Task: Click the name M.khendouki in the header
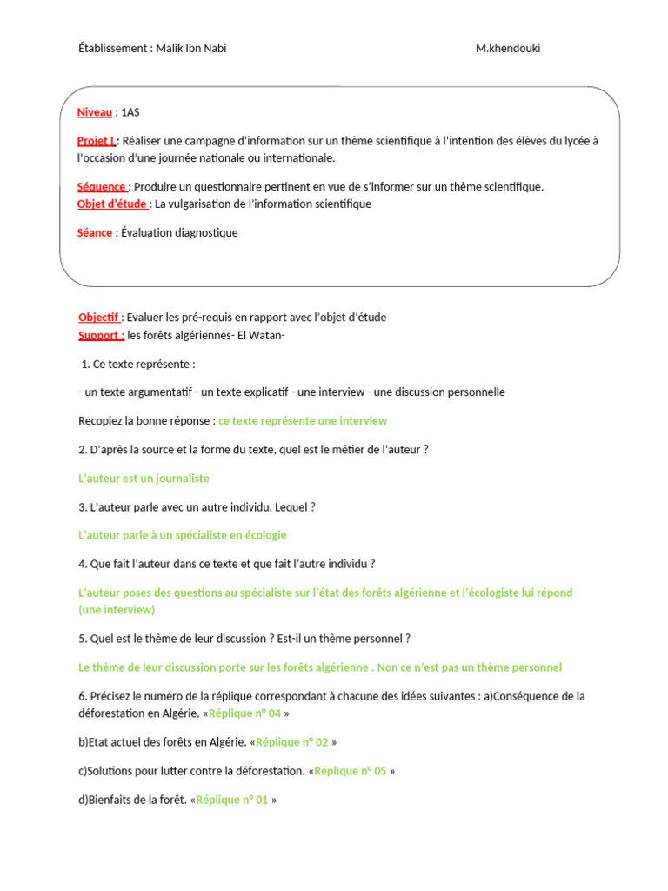[x=508, y=49]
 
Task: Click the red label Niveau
[x=95, y=112]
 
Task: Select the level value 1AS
[x=130, y=112]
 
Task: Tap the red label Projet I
[x=97, y=141]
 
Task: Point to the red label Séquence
[x=102, y=186]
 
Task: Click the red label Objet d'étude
[x=112, y=204]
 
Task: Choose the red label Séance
[x=95, y=232]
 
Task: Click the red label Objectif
[x=100, y=317]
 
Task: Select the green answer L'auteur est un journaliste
[x=144, y=479]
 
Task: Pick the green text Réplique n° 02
[x=292, y=742]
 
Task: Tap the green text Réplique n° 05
[x=350, y=771]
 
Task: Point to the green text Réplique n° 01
[x=232, y=800]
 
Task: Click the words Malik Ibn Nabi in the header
[x=191, y=49]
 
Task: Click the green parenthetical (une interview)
[x=116, y=610]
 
